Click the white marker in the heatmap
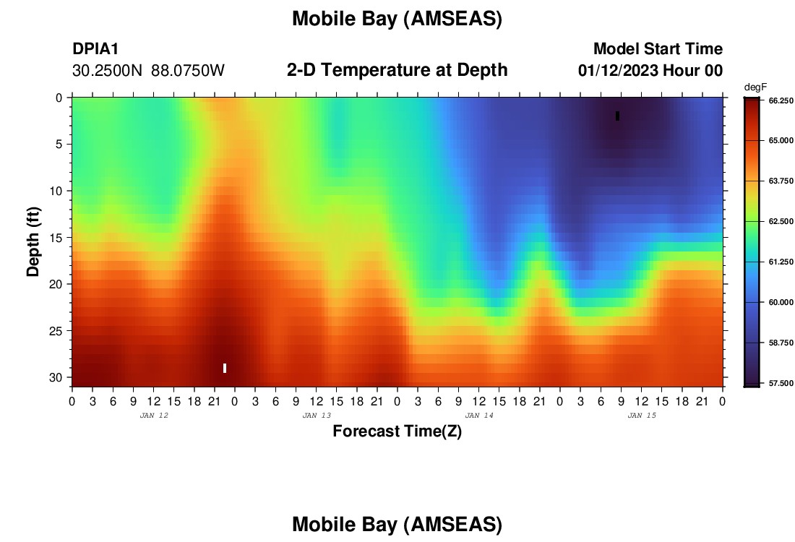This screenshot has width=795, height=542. (225, 368)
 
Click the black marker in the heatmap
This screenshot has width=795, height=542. (617, 116)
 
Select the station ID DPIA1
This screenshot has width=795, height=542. (95, 48)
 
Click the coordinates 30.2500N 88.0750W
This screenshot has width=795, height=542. (149, 70)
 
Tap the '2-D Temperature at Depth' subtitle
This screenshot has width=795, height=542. (397, 69)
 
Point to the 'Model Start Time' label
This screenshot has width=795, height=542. (658, 48)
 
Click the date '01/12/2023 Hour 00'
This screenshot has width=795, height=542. (650, 70)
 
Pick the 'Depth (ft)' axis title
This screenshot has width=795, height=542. (33, 242)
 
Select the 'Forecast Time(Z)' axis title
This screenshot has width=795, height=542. (397, 431)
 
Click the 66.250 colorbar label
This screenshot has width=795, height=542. (781, 101)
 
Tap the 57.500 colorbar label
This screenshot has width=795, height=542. (781, 383)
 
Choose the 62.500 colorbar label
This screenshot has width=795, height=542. (781, 222)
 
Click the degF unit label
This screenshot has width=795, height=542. (755, 87)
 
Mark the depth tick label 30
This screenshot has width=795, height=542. (55, 378)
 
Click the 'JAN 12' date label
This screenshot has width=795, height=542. (154, 416)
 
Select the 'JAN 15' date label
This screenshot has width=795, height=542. (642, 416)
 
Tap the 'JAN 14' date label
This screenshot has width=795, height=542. (479, 416)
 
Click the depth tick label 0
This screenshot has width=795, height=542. (59, 98)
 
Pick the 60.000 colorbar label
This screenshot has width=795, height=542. (781, 302)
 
